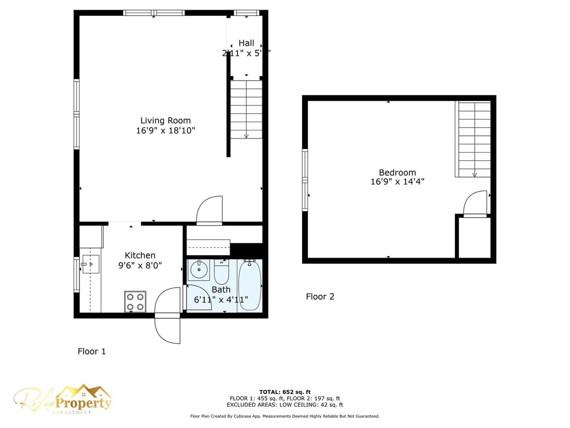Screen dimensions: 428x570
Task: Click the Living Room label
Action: [165, 120]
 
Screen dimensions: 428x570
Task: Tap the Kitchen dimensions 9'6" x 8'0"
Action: [140, 265]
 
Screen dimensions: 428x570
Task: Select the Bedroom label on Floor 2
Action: [397, 172]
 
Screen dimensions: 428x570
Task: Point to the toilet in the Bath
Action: [222, 272]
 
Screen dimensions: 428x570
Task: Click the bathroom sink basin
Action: [198, 271]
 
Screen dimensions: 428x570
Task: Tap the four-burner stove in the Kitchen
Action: [135, 301]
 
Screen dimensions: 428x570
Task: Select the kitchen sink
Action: [91, 264]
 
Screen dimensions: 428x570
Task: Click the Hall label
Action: [246, 43]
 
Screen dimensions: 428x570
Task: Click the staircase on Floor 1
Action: [246, 109]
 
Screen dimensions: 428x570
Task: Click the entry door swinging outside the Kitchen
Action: [168, 314]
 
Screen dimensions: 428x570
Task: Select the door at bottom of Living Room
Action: [209, 210]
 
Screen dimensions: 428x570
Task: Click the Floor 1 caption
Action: [92, 351]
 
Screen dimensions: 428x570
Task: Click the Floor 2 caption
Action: [320, 297]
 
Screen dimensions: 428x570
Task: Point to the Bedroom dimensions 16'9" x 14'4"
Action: [397, 182]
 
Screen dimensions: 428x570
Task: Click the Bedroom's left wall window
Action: [305, 180]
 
